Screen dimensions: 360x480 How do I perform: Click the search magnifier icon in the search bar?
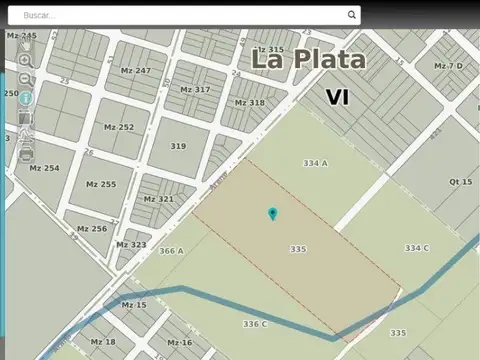point(352,15)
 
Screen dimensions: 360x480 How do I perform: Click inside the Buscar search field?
point(180,15)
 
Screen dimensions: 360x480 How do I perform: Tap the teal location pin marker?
point(273,213)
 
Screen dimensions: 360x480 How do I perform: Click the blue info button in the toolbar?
point(25,99)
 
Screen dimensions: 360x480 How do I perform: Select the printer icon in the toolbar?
point(25,154)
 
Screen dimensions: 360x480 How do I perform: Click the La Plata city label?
point(308,60)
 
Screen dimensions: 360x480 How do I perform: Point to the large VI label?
point(337,97)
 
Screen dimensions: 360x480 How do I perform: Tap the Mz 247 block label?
point(135,71)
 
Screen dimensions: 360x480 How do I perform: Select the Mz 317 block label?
point(195,89)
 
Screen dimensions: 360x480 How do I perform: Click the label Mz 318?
point(249,103)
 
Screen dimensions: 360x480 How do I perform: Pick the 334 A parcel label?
point(315,163)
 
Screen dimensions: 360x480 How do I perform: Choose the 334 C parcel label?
point(417,248)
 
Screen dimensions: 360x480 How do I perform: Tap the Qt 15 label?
point(460,182)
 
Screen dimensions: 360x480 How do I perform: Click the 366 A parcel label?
point(171,251)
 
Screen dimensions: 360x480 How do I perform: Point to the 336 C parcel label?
point(255,324)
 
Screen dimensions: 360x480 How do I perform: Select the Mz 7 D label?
point(448,66)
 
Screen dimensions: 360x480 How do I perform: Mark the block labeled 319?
point(178,146)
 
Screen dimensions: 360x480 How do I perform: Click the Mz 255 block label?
point(100,184)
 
